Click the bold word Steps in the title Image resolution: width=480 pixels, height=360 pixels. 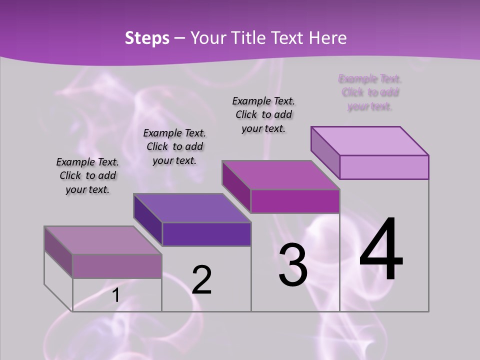point(147,38)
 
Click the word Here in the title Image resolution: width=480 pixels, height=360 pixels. point(327,38)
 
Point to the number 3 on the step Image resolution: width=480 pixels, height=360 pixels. point(293,264)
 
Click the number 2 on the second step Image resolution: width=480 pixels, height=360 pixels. point(201,279)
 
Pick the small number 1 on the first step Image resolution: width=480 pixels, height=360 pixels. point(115,295)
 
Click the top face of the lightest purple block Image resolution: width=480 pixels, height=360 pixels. point(369,140)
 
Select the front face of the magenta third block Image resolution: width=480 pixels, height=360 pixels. point(295,201)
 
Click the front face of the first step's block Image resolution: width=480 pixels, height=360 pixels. point(117,265)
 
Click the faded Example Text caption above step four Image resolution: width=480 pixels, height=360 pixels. point(370,92)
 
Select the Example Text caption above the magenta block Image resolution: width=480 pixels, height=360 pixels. point(263,114)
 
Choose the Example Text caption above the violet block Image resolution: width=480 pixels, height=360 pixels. point(174,146)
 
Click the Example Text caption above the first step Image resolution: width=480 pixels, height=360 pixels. point(87,175)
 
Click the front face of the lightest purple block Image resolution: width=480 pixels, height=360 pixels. point(384,167)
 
